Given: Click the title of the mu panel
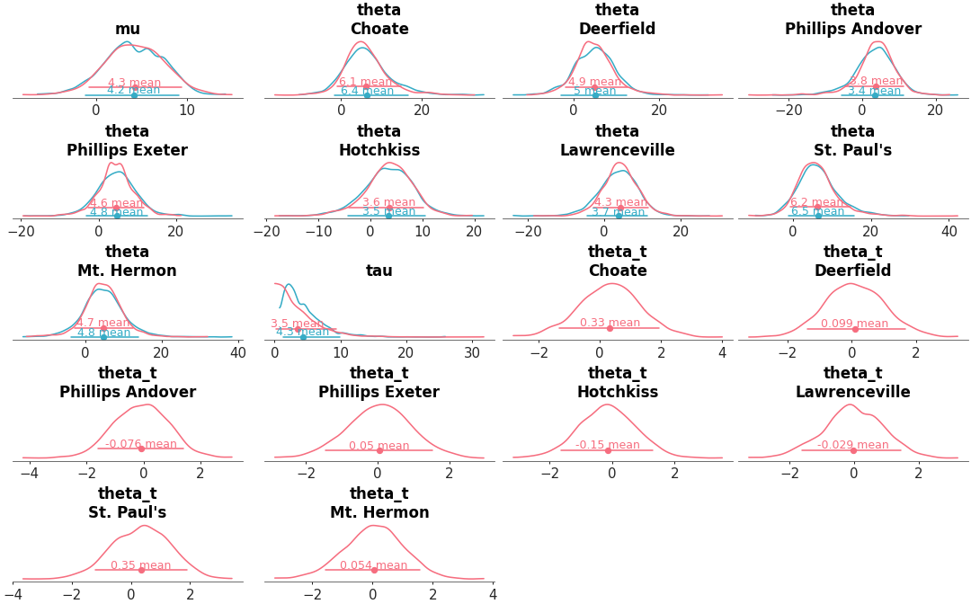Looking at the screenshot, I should (x=128, y=30).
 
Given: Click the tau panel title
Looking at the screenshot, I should (x=379, y=271).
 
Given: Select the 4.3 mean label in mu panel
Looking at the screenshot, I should (x=134, y=83).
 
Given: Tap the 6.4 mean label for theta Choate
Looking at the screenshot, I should (x=367, y=91).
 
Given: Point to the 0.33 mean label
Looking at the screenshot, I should (x=610, y=323).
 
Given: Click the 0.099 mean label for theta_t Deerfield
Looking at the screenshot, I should (x=854, y=324).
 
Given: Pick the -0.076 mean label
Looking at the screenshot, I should (x=141, y=444).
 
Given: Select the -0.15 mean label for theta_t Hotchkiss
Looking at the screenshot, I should (x=608, y=445).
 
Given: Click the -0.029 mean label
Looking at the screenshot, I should (x=852, y=445).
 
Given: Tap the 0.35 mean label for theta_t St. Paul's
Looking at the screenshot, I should (x=140, y=565).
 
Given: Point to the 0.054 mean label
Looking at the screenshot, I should (x=373, y=565).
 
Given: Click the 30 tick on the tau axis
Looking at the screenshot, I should (x=472, y=353).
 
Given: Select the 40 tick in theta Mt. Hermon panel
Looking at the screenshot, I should (x=237, y=353).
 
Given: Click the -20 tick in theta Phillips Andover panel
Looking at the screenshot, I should (x=788, y=111).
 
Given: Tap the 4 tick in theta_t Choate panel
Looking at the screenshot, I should (x=722, y=353).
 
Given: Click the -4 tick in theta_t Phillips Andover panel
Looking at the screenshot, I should (x=24, y=474).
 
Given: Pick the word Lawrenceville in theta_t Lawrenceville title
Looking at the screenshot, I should (x=852, y=392).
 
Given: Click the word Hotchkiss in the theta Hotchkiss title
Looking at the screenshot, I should (x=379, y=150).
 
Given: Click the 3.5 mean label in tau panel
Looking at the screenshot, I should (x=297, y=324).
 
